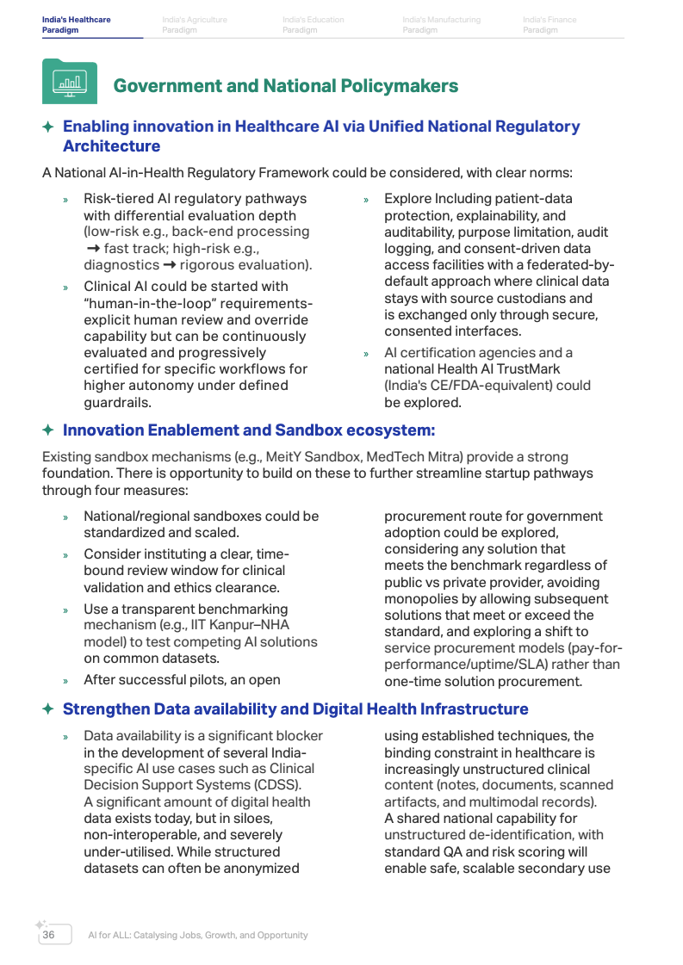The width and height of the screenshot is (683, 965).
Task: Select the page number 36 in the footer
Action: click(x=48, y=935)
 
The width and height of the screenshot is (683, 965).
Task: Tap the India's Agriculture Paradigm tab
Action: click(x=195, y=25)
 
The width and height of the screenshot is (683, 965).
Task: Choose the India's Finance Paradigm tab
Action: click(x=550, y=25)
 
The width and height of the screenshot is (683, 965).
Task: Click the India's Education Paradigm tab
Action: click(x=313, y=25)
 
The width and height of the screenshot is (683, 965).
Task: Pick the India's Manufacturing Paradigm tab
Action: click(x=441, y=25)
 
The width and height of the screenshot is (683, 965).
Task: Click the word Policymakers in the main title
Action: click(x=404, y=86)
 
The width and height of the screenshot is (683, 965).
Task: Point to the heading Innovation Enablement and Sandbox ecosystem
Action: click(x=249, y=430)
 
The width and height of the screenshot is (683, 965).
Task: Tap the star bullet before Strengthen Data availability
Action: click(x=48, y=709)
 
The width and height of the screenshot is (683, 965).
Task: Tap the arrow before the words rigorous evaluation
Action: click(x=170, y=265)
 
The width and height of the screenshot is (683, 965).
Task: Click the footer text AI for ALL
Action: click(x=113, y=935)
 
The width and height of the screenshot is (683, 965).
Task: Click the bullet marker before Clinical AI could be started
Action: click(x=65, y=287)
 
